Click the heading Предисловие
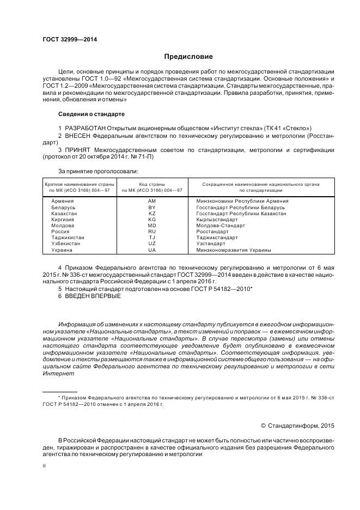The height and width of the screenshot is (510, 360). [188, 57]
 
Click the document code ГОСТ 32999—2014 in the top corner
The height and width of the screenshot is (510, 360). [66, 40]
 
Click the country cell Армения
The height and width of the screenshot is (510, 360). [62, 201]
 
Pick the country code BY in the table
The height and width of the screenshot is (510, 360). [152, 208]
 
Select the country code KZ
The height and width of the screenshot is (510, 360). [152, 214]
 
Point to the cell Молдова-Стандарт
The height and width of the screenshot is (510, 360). [220, 226]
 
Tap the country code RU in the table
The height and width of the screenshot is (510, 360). [152, 232]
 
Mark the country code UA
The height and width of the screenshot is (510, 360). [152, 250]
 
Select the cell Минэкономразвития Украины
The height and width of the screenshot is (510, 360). [234, 250]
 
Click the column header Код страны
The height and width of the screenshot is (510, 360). [152, 184]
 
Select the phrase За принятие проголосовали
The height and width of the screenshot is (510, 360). [91, 171]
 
